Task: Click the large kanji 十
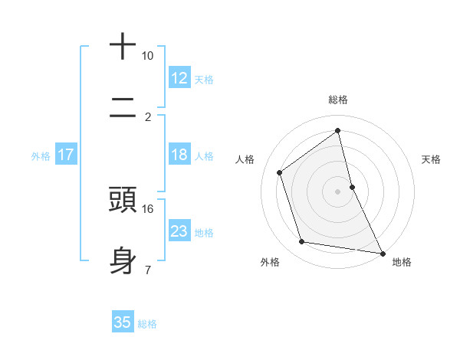click(123, 47)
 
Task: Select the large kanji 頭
click(123, 199)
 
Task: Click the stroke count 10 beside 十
click(147, 56)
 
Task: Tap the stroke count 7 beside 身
click(147, 270)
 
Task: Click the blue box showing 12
click(179, 78)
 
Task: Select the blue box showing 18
click(179, 155)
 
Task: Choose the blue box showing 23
click(179, 231)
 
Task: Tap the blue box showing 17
click(65, 155)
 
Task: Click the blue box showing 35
click(123, 322)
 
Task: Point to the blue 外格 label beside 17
click(41, 155)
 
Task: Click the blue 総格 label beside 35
click(147, 323)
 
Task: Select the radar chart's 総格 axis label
click(338, 100)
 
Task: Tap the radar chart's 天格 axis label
click(432, 159)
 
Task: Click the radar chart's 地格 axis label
click(402, 263)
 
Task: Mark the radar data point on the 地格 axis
click(382, 252)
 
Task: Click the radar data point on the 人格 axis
click(280, 172)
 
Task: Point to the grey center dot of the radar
click(338, 191)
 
